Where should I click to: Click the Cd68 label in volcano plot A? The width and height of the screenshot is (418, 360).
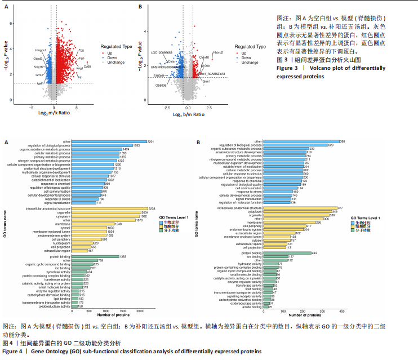point(87,66)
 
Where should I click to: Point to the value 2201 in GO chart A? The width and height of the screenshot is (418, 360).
point(150,141)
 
